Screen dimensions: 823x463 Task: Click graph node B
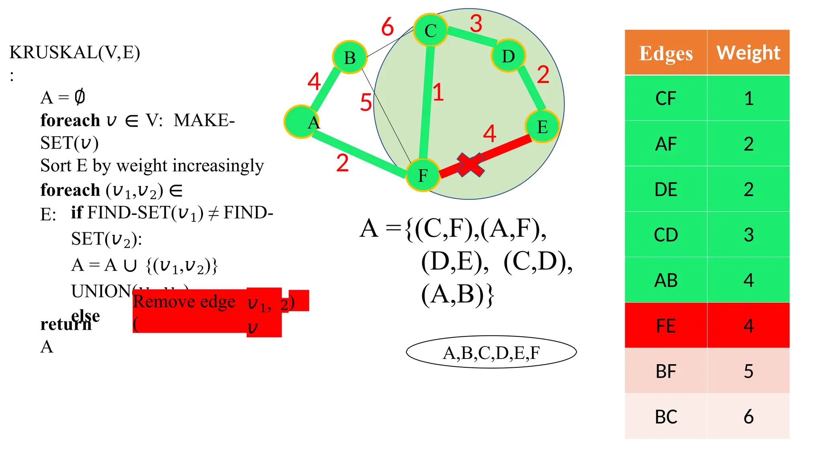point(350,57)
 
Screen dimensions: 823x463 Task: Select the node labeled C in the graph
point(430,30)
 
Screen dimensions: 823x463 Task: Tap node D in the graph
point(508,56)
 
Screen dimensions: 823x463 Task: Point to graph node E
point(543,127)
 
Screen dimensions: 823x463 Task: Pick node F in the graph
point(423,175)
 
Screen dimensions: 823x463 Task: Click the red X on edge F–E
point(470,165)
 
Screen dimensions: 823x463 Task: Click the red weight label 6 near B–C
point(387,27)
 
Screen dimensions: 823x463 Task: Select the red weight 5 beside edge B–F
point(366,102)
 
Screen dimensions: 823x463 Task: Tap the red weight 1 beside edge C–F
point(438,92)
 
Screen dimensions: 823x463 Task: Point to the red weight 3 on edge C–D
point(476,24)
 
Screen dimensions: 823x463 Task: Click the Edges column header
point(666,53)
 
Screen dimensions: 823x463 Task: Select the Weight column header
point(748,53)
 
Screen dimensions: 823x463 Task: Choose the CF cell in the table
point(666,98)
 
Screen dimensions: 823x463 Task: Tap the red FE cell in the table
point(666,326)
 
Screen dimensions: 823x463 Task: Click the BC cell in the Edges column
point(666,417)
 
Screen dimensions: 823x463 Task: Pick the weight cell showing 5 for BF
point(748,371)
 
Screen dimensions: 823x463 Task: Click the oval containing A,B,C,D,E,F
point(491,352)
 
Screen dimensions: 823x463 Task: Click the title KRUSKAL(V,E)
point(75,52)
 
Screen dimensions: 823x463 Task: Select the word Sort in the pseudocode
point(56,166)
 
